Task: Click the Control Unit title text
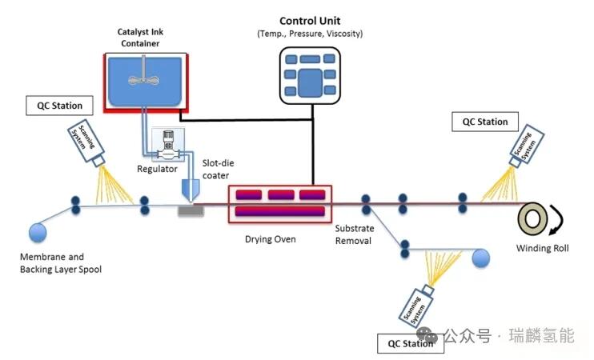coord(310,20)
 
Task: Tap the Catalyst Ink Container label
coord(145,37)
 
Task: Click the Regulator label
coord(157,169)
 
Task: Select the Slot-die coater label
coord(216,170)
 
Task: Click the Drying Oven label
coord(270,239)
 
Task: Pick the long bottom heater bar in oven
coord(279,212)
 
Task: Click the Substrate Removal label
coord(354,234)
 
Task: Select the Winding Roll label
coord(542,249)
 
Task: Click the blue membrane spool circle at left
coord(38,232)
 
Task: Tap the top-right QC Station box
coord(485,122)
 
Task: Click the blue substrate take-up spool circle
coord(480,258)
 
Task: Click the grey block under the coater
coord(191,210)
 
